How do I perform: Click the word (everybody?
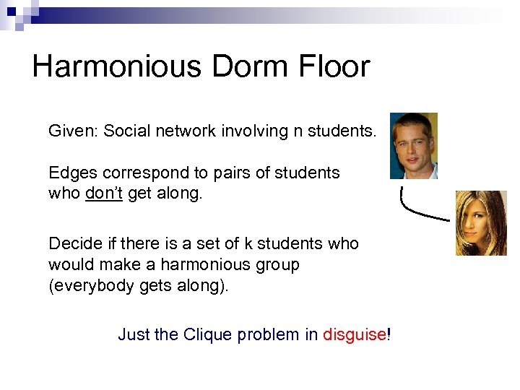[86, 286]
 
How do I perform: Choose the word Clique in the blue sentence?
[207, 335]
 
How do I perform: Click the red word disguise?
[354, 335]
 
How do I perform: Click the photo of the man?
[413, 146]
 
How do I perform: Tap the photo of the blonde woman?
[480, 223]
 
